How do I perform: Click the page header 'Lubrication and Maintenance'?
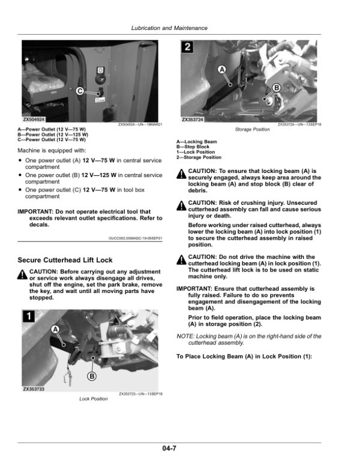pyautogui.click(x=169, y=28)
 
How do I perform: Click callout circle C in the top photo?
pyautogui.click(x=79, y=91)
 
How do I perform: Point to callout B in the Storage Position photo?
pyautogui.click(x=276, y=88)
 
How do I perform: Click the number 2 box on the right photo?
pyautogui.click(x=188, y=47)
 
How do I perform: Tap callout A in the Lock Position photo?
pyautogui.click(x=55, y=330)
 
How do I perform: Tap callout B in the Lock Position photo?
pyautogui.click(x=92, y=376)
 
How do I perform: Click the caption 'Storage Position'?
pyautogui.click(x=252, y=130)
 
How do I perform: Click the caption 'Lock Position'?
pyautogui.click(x=94, y=399)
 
